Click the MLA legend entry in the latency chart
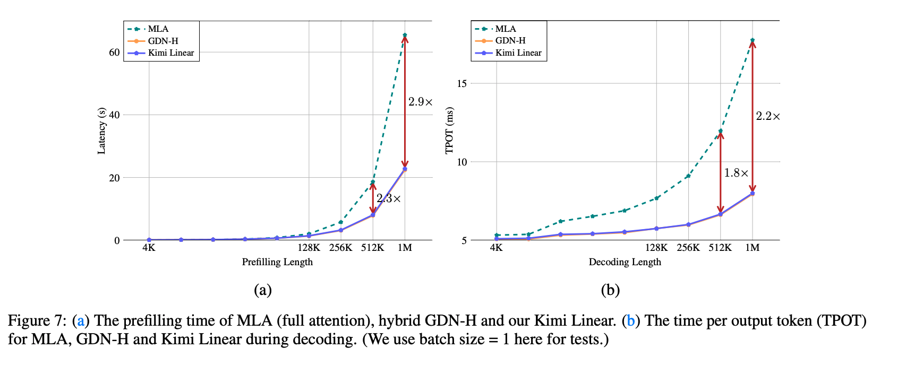point(158,29)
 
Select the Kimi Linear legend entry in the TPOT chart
point(518,53)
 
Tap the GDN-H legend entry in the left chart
point(163,41)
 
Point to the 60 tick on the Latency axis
point(114,53)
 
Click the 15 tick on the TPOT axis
point(461,83)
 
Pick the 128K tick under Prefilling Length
point(309,248)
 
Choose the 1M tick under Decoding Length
point(752,248)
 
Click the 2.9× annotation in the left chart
point(420,102)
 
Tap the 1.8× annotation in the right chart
point(736,173)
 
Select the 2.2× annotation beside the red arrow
point(768,116)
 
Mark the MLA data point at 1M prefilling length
point(405,36)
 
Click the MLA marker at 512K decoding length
point(720,131)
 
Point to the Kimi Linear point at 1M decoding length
point(752,194)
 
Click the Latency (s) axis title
point(101,130)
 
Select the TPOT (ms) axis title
point(449,130)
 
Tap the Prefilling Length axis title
point(277,262)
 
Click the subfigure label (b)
point(610,290)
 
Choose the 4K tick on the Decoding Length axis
point(496,248)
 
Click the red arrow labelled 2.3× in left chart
point(373,198)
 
